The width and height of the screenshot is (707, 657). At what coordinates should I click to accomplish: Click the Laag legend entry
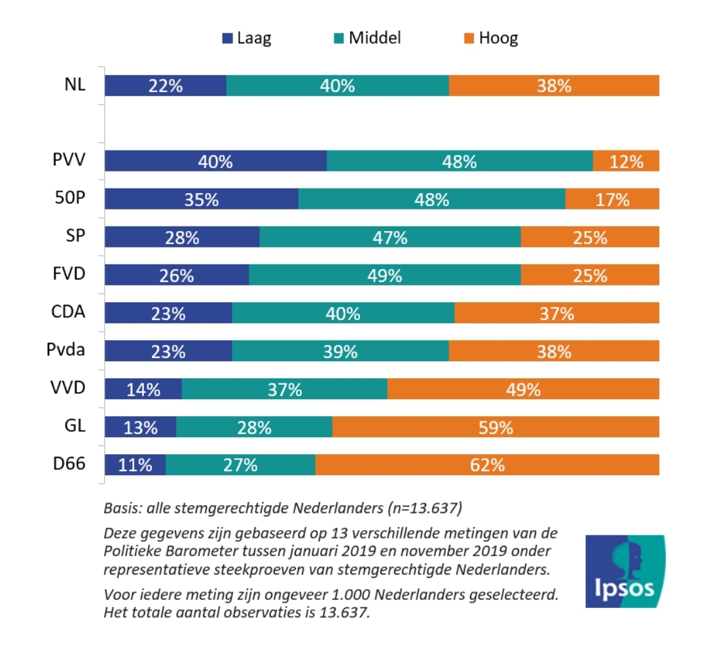[246, 38]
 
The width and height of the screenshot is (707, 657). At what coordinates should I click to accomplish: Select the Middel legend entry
[366, 38]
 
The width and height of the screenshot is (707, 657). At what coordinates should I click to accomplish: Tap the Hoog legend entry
[490, 38]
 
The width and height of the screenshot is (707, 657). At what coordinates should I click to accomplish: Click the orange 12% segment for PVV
[626, 161]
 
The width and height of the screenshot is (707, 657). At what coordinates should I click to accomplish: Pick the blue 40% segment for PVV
[215, 161]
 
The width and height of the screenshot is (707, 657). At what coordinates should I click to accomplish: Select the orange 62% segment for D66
[487, 465]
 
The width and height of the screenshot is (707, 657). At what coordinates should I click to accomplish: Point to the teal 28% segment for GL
[254, 427]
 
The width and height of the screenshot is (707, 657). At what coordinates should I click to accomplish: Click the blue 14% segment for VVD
[143, 389]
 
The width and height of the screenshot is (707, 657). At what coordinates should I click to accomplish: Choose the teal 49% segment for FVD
[384, 275]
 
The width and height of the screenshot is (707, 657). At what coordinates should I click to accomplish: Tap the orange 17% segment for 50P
[612, 199]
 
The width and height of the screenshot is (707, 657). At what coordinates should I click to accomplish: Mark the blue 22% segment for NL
[166, 86]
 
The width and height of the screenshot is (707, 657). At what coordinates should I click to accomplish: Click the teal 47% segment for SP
[390, 237]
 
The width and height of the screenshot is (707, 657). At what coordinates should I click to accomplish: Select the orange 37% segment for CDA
[556, 313]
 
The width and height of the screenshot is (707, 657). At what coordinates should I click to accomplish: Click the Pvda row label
[66, 350]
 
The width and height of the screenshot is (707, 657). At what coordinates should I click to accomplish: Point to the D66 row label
[69, 465]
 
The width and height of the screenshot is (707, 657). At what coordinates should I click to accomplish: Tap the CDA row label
[68, 312]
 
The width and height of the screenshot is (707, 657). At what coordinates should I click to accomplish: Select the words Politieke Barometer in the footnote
[167, 550]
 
